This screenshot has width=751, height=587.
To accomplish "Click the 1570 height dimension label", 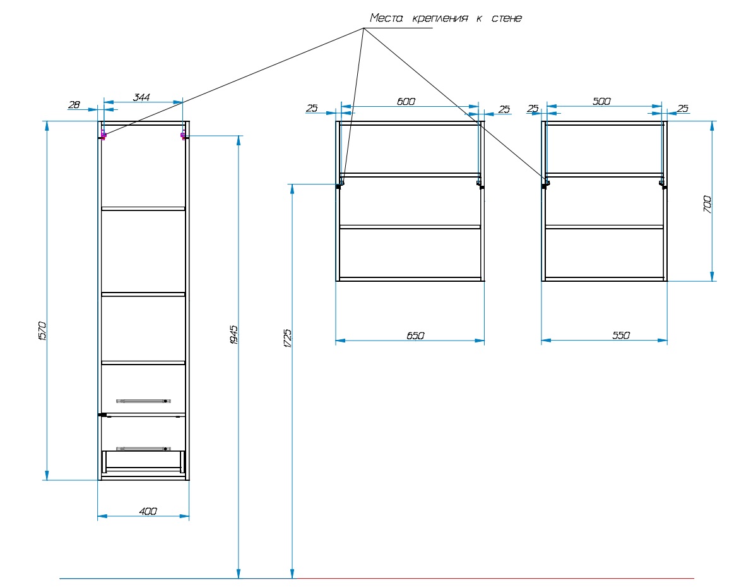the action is (42, 331).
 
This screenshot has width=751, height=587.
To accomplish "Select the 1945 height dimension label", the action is (234, 335).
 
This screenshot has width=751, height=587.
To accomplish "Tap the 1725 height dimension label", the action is (287, 338).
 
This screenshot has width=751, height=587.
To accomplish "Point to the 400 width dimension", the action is (148, 511).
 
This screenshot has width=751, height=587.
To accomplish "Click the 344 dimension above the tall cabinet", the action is (141, 97).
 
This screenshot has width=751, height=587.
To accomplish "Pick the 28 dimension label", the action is (74, 104).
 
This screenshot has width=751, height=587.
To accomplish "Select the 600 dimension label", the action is (406, 101).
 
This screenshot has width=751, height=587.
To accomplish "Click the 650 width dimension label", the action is (415, 336).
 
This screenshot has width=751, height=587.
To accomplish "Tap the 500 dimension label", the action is (601, 101).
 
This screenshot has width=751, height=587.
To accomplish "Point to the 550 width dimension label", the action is (621, 336).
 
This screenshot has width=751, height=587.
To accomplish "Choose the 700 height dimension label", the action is (707, 204).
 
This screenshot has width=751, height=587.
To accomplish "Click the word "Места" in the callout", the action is (386, 18).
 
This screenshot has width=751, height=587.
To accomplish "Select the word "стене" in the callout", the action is (507, 18).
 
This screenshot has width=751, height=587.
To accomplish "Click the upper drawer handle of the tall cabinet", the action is (143, 401).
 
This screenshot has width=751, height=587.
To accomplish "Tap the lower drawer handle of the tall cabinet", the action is (143, 449).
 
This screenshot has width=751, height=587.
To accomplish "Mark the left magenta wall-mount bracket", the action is (103, 135).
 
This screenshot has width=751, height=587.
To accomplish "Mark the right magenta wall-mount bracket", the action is (183, 135).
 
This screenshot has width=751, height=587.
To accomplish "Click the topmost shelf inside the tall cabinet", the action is (143, 209).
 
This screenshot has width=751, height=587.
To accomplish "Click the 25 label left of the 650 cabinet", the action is (312, 109).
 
